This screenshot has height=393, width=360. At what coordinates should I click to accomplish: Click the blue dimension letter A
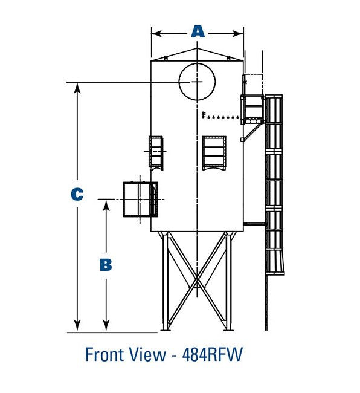[198, 31]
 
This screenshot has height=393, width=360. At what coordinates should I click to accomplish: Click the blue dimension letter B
[105, 265]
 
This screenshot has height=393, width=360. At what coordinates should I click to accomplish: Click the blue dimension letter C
[77, 194]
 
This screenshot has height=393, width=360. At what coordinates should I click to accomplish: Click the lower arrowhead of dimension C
[77, 327]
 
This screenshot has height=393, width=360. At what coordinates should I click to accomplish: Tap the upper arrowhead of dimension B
[106, 203]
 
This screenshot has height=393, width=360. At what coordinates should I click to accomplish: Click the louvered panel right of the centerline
[214, 153]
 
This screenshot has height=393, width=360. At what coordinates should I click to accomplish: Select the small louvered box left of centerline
[156, 151]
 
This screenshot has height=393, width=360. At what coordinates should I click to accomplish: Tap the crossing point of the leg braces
[197, 280]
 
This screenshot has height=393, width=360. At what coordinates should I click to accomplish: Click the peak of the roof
[197, 47]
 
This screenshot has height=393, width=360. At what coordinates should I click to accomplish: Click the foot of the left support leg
[165, 328]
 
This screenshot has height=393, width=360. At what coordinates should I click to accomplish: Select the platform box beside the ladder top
[252, 108]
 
